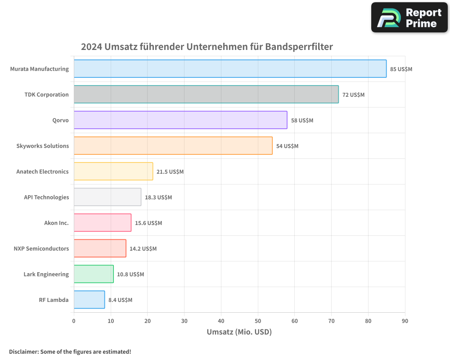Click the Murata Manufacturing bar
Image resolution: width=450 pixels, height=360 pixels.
[x=230, y=69]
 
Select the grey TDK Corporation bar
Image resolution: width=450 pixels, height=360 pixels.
[x=206, y=94]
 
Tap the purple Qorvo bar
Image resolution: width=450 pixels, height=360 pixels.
[x=180, y=120]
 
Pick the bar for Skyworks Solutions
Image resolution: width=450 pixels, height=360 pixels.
[x=173, y=146]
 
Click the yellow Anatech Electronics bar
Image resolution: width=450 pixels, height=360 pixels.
[x=113, y=171]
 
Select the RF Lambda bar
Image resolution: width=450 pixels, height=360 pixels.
[x=89, y=300]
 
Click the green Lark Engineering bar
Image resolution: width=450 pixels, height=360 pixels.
[x=94, y=274]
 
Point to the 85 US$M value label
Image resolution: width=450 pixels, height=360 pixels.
[x=401, y=69]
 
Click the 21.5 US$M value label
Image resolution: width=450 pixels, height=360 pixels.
[x=170, y=172]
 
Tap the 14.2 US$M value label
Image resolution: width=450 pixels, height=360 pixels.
[x=143, y=249]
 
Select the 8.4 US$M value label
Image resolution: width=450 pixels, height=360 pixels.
[x=120, y=300]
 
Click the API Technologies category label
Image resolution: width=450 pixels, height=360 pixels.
[x=46, y=197]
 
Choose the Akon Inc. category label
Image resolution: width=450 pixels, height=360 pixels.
[x=56, y=223]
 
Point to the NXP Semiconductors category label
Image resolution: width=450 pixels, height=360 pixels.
[x=41, y=248]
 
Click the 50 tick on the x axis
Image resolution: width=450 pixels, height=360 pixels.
[x=258, y=321]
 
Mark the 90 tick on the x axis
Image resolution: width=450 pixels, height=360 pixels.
[x=405, y=321]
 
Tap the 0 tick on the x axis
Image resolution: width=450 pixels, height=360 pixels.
[x=74, y=321]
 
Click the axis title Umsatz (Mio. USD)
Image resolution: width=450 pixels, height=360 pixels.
[x=239, y=332]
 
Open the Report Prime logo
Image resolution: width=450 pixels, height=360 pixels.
[x=409, y=18]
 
